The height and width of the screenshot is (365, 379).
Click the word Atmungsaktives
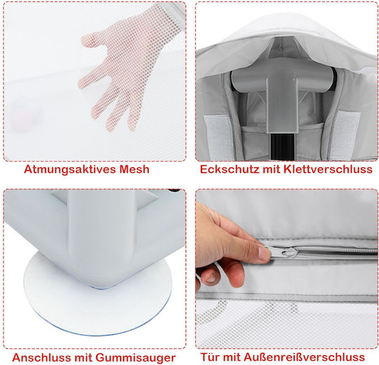click(70, 170)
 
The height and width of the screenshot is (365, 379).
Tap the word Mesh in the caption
click(134, 169)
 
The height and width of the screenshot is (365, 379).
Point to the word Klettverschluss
click(328, 169)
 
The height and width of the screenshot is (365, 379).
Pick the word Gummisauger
click(135, 358)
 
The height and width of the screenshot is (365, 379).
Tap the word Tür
click(210, 357)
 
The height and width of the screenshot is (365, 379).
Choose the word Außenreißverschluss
click(298, 357)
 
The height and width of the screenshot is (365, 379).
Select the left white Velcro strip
click(219, 137)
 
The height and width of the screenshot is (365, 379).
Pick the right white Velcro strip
click(345, 134)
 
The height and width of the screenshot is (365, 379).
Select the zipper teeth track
click(337, 253)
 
